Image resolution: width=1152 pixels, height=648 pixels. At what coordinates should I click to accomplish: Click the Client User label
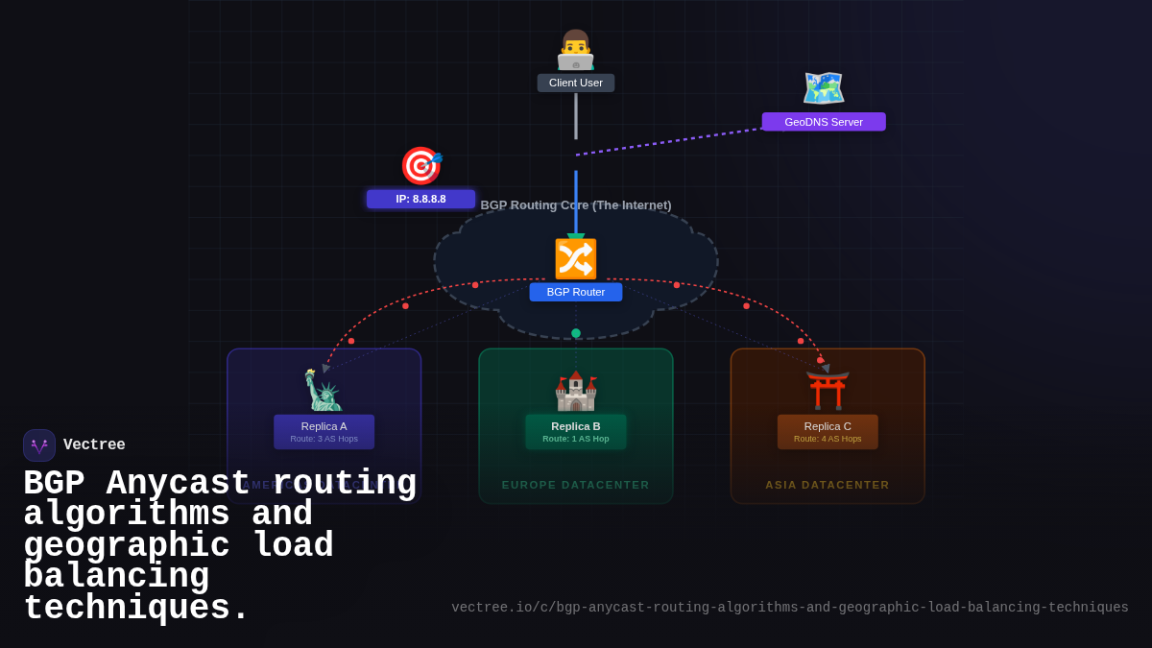(x=576, y=83)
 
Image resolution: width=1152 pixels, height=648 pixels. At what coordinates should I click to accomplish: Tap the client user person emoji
(x=576, y=50)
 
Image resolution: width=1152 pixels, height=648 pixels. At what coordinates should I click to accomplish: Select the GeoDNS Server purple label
(x=824, y=122)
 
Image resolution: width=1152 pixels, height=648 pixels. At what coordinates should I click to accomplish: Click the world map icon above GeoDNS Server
(x=824, y=88)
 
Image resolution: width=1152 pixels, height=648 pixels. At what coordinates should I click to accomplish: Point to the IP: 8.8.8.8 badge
(x=420, y=199)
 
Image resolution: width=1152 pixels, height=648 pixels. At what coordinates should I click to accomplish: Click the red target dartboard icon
(x=420, y=166)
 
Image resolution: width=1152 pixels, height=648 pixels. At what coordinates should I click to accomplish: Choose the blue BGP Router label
(x=576, y=292)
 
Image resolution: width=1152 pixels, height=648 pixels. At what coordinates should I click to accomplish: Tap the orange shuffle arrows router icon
(x=576, y=259)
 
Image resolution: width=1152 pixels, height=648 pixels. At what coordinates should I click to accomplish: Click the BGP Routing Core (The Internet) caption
(x=576, y=204)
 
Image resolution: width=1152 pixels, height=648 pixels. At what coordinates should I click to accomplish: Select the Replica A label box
(x=324, y=432)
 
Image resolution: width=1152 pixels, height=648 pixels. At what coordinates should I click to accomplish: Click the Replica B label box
(x=576, y=432)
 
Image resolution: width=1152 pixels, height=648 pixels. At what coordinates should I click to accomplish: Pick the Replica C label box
(x=828, y=432)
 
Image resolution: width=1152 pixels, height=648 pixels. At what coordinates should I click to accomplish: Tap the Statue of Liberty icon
(x=324, y=390)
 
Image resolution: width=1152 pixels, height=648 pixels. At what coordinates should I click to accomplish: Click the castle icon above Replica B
(x=576, y=391)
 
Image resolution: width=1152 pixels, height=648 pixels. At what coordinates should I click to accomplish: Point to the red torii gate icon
(x=828, y=391)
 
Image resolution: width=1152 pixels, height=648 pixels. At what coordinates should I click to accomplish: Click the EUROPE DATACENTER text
(x=576, y=485)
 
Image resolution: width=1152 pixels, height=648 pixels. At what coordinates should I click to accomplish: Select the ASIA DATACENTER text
(x=828, y=485)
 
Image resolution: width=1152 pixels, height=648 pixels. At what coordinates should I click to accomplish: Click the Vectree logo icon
(x=39, y=445)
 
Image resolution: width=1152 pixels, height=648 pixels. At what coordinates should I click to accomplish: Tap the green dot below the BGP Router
(x=576, y=333)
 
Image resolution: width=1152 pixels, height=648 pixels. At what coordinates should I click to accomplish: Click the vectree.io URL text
(x=789, y=608)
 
